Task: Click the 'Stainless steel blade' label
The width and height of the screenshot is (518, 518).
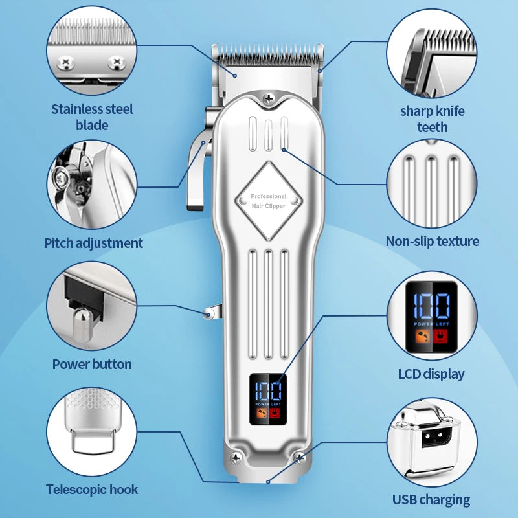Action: (92, 117)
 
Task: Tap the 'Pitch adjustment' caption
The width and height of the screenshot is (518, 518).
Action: (93, 243)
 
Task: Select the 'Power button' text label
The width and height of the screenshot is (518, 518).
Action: (92, 364)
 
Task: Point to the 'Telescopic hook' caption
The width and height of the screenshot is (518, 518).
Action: (92, 490)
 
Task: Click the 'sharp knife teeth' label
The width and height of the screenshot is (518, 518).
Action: (432, 118)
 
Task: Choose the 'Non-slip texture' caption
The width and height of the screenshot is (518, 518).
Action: (433, 242)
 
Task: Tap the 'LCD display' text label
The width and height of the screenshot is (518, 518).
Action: (431, 374)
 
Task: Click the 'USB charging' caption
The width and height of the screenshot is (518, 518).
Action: (431, 499)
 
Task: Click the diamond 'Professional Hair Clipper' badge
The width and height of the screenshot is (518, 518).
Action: (268, 200)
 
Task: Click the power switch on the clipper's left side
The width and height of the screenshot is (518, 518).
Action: (208, 313)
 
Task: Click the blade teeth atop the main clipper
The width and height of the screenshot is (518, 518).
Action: (268, 55)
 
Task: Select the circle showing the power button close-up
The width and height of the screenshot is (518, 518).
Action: (92, 306)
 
